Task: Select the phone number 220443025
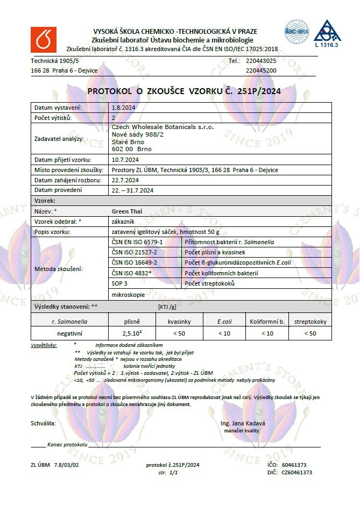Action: click(x=261, y=61)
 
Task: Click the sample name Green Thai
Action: click(x=126, y=211)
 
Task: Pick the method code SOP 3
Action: click(x=119, y=283)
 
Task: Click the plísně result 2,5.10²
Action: click(x=132, y=333)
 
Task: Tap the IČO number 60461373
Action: click(x=294, y=465)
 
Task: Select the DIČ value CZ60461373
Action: click(x=297, y=472)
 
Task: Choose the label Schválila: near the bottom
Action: click(x=44, y=423)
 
